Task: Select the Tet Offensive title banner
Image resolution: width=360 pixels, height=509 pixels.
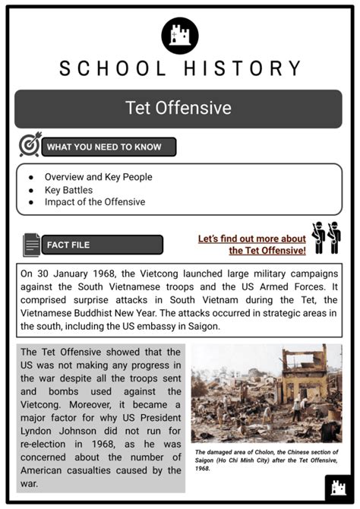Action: [179, 108]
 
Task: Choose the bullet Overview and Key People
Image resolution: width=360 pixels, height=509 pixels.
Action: [98, 177]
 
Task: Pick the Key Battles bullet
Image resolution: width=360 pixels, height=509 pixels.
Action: [68, 190]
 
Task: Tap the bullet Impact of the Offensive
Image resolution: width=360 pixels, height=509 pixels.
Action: [94, 202]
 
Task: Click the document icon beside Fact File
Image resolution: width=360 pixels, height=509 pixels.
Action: [31, 245]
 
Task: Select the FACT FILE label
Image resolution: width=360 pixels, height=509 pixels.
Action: [68, 245]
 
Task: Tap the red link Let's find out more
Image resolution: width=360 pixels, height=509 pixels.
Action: [252, 244]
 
